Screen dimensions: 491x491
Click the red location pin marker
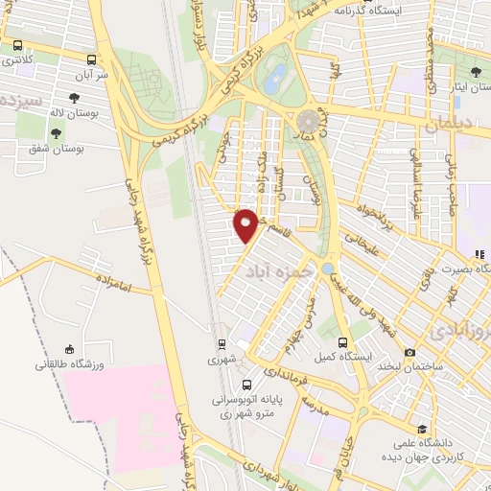pyautogui.click(x=245, y=224)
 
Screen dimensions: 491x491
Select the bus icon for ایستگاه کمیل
pyautogui.click(x=342, y=341)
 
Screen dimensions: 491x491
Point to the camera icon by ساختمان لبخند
pyautogui.click(x=410, y=352)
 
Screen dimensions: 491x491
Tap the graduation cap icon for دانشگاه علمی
pyautogui.click(x=422, y=429)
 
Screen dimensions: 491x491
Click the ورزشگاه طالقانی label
pyautogui.click(x=67, y=364)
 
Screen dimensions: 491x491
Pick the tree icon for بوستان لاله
pyautogui.click(x=74, y=97)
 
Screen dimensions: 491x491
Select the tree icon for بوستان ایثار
pyautogui.click(x=477, y=72)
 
